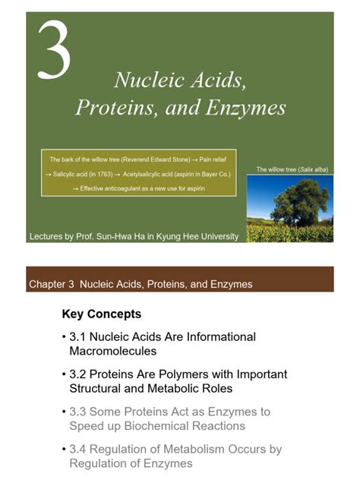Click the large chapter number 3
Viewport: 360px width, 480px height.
54,51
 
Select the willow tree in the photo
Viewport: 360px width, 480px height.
292,201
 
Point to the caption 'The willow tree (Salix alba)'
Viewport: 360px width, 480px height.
292,169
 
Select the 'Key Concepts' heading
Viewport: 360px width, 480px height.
101,314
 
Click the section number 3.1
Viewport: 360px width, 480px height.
79,336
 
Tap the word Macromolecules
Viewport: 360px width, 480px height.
112,352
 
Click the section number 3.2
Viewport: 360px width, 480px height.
79,374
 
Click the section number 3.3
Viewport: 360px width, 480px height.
79,412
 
